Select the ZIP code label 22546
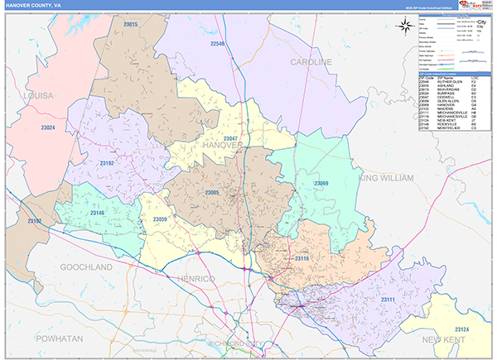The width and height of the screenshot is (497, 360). point(218,42)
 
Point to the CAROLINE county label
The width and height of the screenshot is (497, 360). point(311,62)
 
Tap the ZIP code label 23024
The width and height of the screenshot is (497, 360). point(48,127)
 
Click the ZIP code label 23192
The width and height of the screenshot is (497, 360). point(107,164)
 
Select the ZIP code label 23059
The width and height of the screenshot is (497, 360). point(161,219)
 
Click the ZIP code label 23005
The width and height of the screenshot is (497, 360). point(212,193)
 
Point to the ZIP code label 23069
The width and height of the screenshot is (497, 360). point(321,183)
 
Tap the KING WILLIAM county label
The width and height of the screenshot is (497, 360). point(385,178)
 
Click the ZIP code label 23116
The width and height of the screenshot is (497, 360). point(302,259)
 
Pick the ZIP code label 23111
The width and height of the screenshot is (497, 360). point(388,298)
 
